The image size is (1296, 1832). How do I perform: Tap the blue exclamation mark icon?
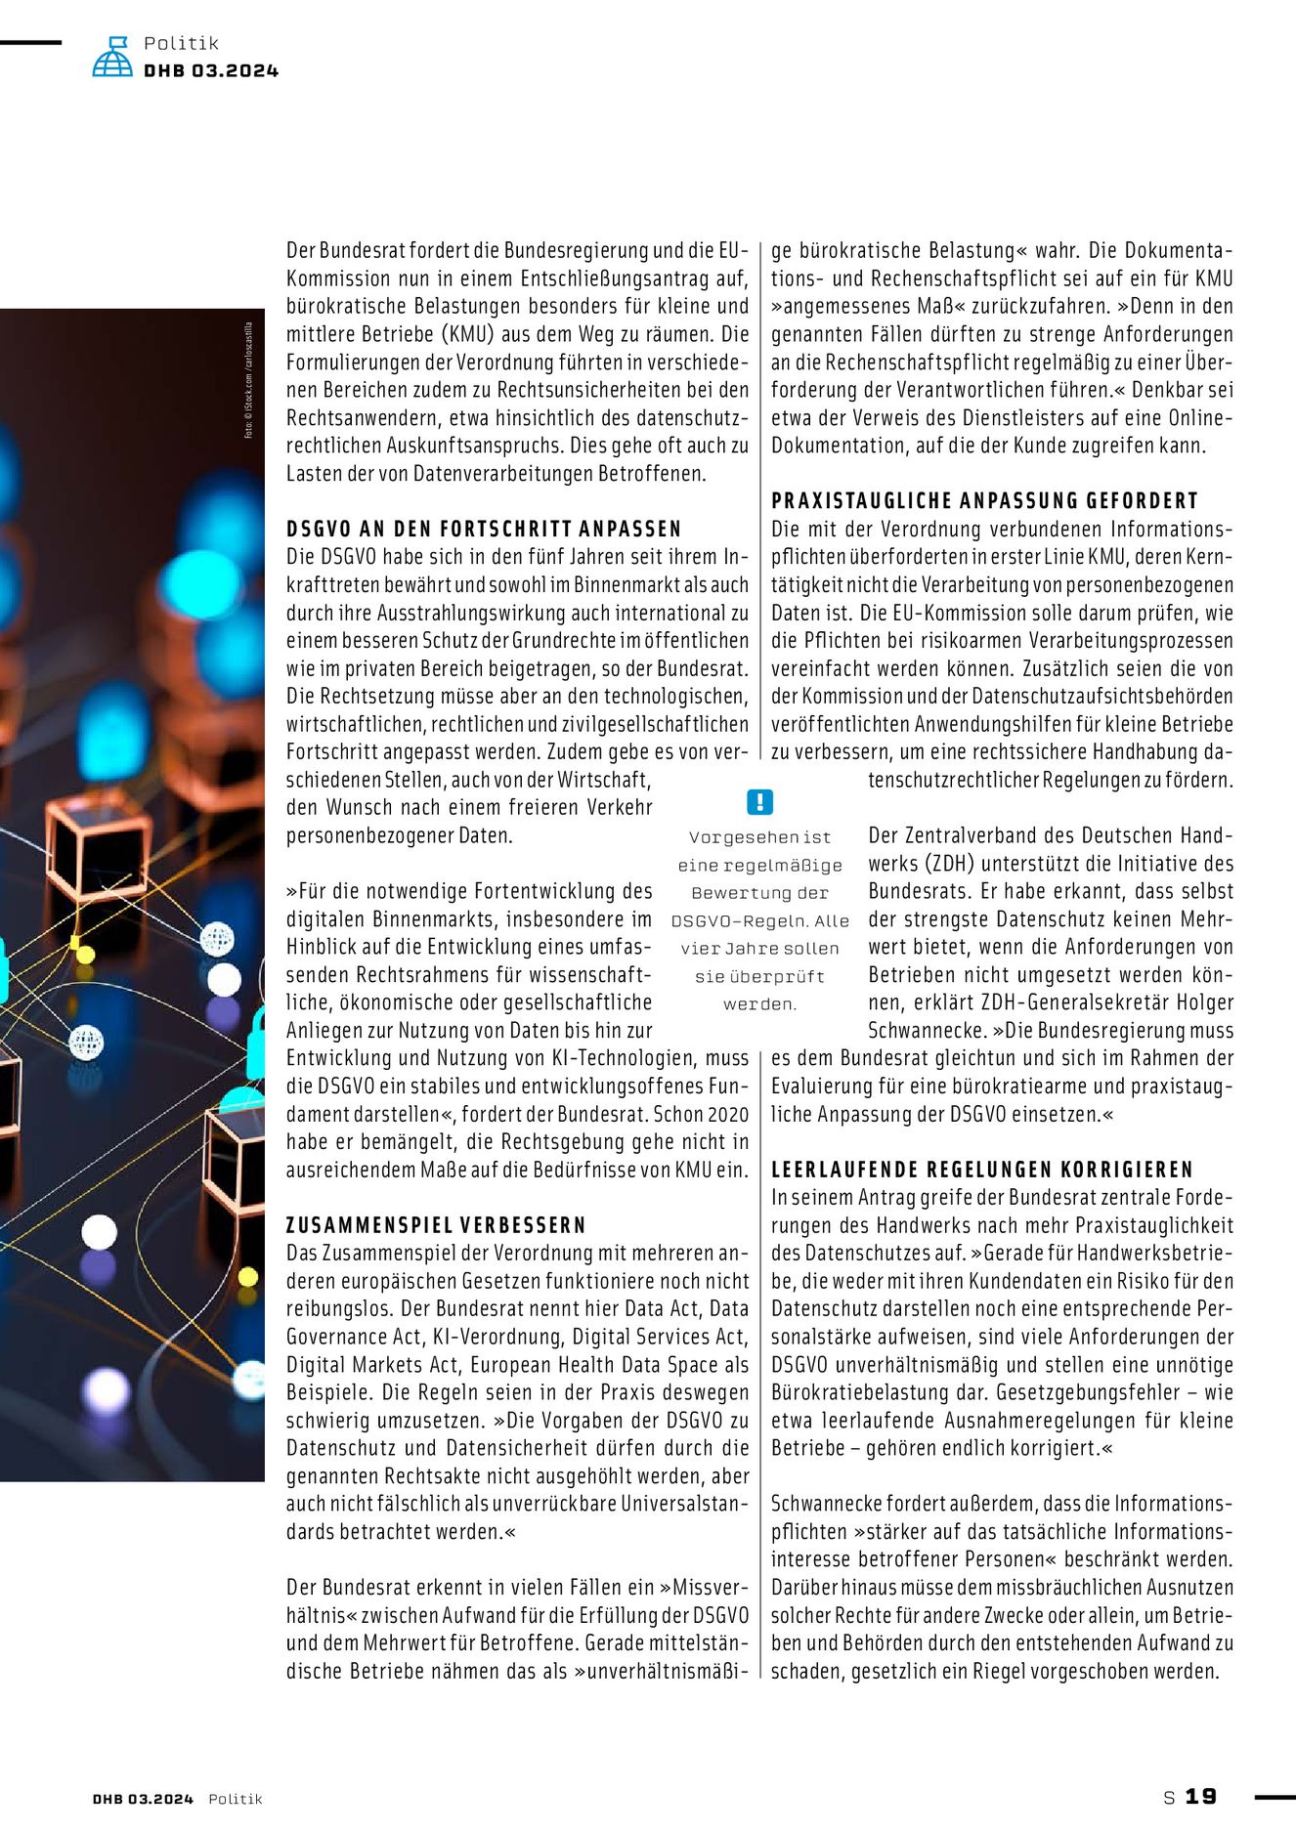coord(759,802)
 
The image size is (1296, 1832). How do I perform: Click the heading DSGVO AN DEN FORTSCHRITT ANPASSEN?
coord(484,529)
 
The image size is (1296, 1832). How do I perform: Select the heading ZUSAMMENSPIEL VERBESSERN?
coord(436,1225)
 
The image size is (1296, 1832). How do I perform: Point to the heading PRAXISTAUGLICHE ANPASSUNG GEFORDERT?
coord(984,501)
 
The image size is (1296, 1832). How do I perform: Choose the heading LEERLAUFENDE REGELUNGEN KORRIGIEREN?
coord(982,1170)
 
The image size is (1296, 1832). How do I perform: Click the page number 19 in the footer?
coord(1201,1797)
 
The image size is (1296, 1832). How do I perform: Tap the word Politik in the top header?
coord(182,43)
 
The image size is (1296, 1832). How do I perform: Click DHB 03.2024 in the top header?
coord(211,70)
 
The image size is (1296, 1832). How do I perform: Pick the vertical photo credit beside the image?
coord(249,380)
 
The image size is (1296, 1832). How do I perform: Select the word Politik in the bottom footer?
coord(236,1799)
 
